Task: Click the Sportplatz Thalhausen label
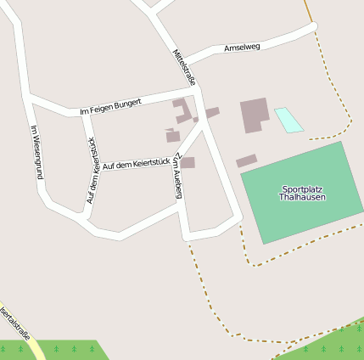tap(302, 193)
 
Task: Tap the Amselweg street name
tap(242, 48)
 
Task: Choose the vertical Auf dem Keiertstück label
tap(92, 171)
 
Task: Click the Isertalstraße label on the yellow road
tap(14, 323)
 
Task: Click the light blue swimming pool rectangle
tap(288, 120)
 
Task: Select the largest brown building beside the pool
tap(255, 115)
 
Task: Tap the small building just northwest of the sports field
tap(246, 160)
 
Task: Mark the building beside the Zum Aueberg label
tap(188, 162)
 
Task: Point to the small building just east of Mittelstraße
tap(212, 112)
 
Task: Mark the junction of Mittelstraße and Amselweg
tap(185, 65)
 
